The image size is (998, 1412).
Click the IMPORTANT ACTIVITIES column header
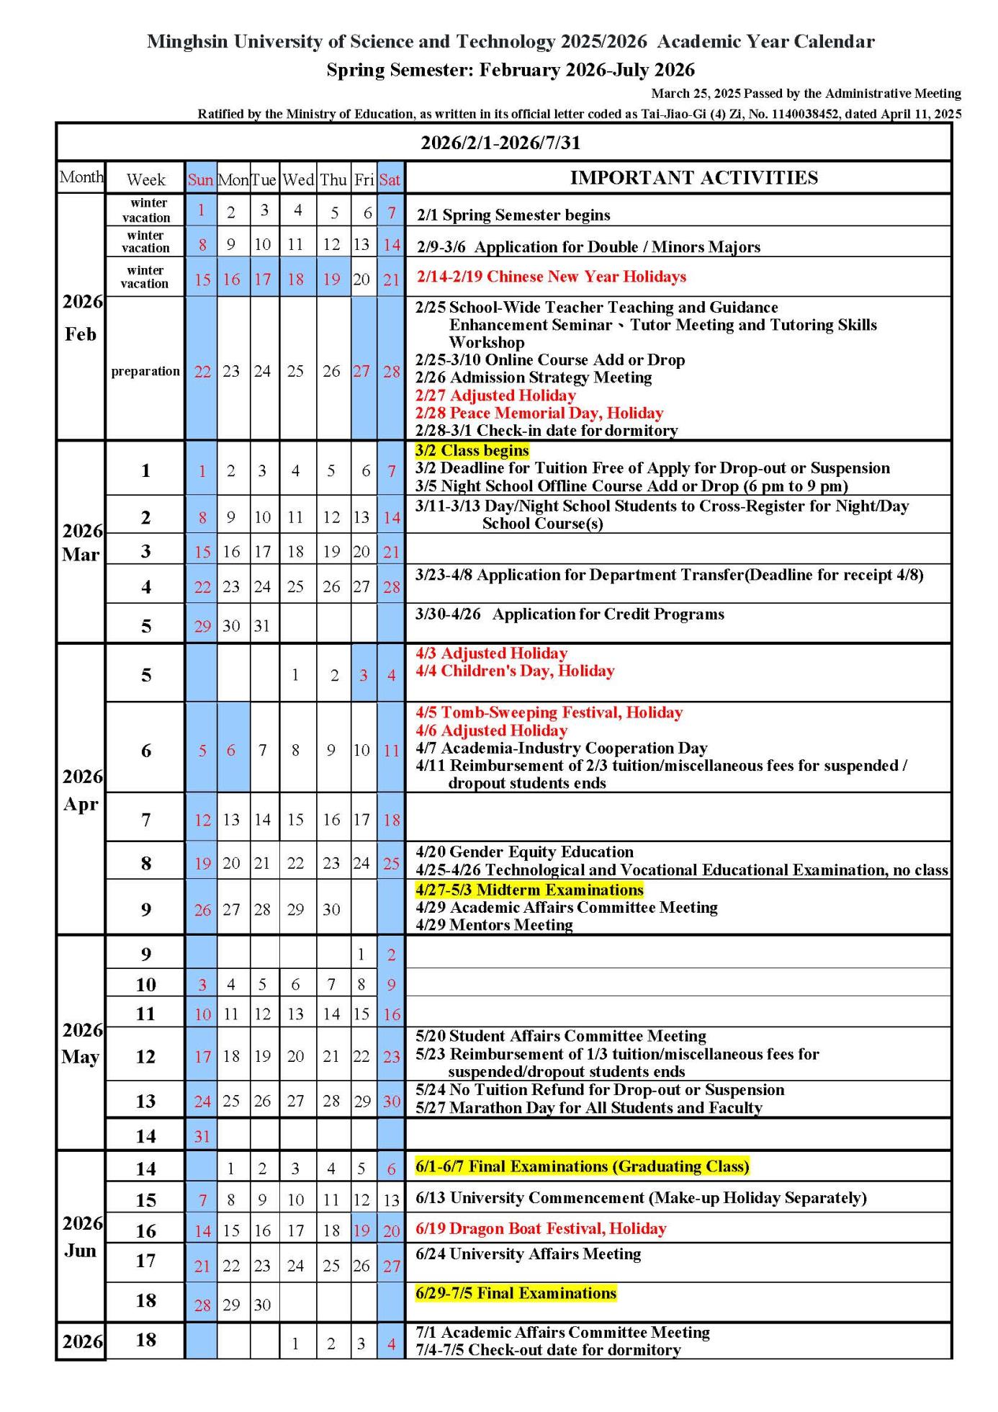tap(693, 178)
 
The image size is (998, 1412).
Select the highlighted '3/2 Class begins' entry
tap(472, 451)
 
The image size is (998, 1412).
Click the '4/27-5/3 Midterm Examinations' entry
tap(529, 890)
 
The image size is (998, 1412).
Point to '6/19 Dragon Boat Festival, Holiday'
tap(541, 1228)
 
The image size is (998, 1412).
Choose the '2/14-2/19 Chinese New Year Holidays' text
tap(551, 277)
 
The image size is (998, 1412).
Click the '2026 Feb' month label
tap(81, 317)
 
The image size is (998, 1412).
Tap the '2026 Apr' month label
tap(81, 790)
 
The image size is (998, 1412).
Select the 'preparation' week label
tap(145, 371)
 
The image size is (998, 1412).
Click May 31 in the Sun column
tap(202, 1136)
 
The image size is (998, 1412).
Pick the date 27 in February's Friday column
tap(361, 371)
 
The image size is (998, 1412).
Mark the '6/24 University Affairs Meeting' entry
tap(528, 1254)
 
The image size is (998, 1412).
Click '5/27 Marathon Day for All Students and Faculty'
tap(588, 1107)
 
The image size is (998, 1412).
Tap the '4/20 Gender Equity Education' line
tap(524, 852)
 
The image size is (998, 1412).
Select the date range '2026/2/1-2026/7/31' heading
tap(500, 143)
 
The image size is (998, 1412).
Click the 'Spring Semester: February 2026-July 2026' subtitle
tap(511, 70)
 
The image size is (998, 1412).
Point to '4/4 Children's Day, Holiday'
tap(515, 671)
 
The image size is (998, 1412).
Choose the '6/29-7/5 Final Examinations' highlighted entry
tap(516, 1293)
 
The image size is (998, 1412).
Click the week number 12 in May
tap(145, 1056)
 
